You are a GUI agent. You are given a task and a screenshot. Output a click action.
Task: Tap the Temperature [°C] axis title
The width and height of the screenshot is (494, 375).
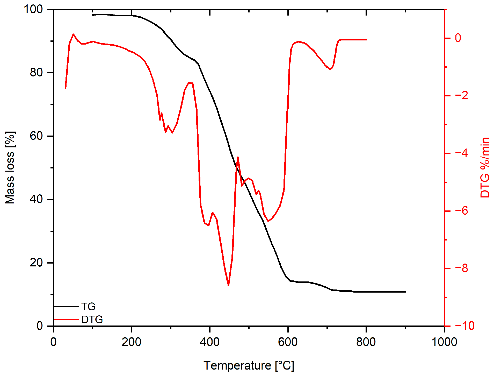[x=249, y=365]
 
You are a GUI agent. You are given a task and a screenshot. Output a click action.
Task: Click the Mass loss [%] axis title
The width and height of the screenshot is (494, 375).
[x=10, y=168]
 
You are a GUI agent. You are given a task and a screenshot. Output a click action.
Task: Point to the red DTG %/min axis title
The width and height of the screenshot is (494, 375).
[x=485, y=168]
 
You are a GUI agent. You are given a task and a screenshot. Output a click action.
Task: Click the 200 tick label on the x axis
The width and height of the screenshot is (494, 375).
[x=132, y=342]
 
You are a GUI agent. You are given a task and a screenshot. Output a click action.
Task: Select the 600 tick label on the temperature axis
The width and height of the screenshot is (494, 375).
[x=288, y=342]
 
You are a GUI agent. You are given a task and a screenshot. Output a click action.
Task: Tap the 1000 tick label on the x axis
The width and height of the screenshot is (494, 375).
[x=444, y=342]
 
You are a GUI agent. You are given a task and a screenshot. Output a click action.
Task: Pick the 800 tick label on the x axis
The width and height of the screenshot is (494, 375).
[x=366, y=342]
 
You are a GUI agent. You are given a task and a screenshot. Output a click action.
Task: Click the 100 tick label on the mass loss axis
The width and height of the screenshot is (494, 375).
[x=33, y=9]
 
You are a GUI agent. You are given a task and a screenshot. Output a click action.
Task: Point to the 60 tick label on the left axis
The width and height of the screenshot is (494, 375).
[x=36, y=136]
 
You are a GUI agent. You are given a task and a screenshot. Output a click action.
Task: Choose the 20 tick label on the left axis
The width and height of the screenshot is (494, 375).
[x=36, y=263]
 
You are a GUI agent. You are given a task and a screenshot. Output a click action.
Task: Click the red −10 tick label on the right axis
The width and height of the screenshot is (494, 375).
[x=465, y=326]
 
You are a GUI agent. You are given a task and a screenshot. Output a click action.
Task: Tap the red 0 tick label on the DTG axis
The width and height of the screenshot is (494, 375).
[x=458, y=38]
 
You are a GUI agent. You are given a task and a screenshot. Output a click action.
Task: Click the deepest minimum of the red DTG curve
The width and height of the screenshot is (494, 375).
[x=228, y=285]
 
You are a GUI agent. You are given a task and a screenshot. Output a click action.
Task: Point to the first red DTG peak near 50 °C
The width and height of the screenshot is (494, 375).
[x=74, y=34]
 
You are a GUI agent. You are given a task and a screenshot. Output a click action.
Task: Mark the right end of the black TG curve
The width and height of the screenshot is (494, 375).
[x=405, y=292]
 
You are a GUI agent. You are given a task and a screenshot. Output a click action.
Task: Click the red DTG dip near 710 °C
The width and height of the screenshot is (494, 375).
[x=330, y=69]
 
